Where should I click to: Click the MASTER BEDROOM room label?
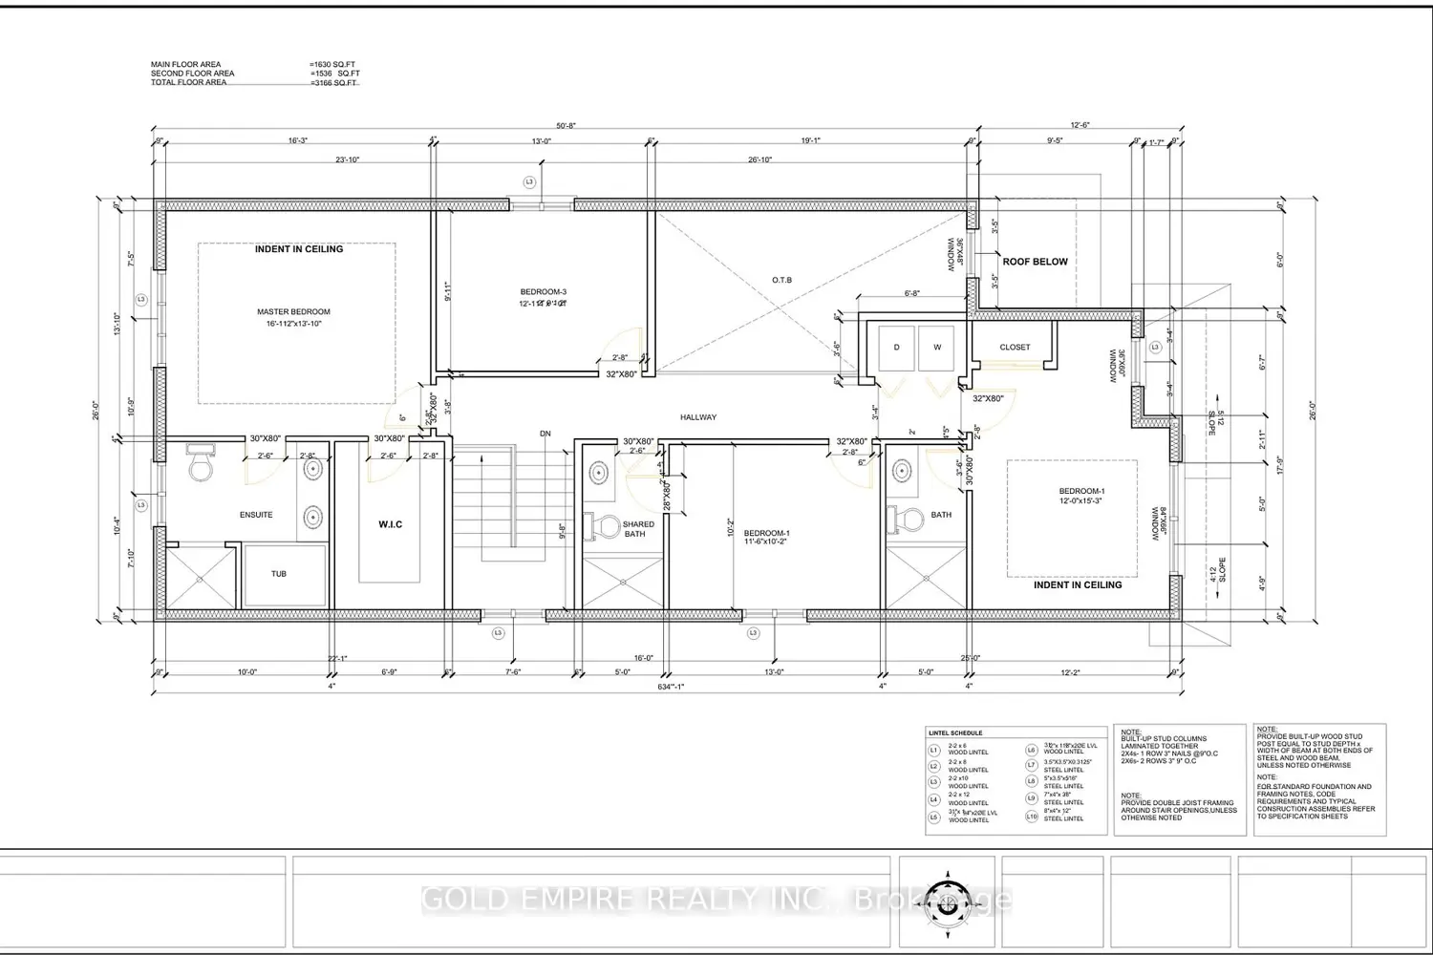coord(293,312)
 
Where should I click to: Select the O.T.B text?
coord(782,280)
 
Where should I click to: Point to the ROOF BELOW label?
coord(1035,262)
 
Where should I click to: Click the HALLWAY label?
coord(698,417)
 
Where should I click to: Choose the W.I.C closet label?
coord(389,524)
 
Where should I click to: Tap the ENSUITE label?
coord(256,515)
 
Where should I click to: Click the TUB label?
coord(278,574)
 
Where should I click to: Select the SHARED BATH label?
coord(637,529)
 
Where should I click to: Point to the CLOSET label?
coord(1015,348)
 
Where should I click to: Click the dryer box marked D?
coord(896,348)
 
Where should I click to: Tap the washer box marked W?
coord(937,348)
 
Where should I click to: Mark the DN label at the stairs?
coord(545,435)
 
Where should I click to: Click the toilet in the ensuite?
coord(202,464)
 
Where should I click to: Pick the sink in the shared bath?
coord(598,472)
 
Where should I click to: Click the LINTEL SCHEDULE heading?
coord(954,733)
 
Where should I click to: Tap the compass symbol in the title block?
coord(946,895)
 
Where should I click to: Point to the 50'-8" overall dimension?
coord(567,125)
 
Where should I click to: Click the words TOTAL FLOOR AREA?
coord(188,83)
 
